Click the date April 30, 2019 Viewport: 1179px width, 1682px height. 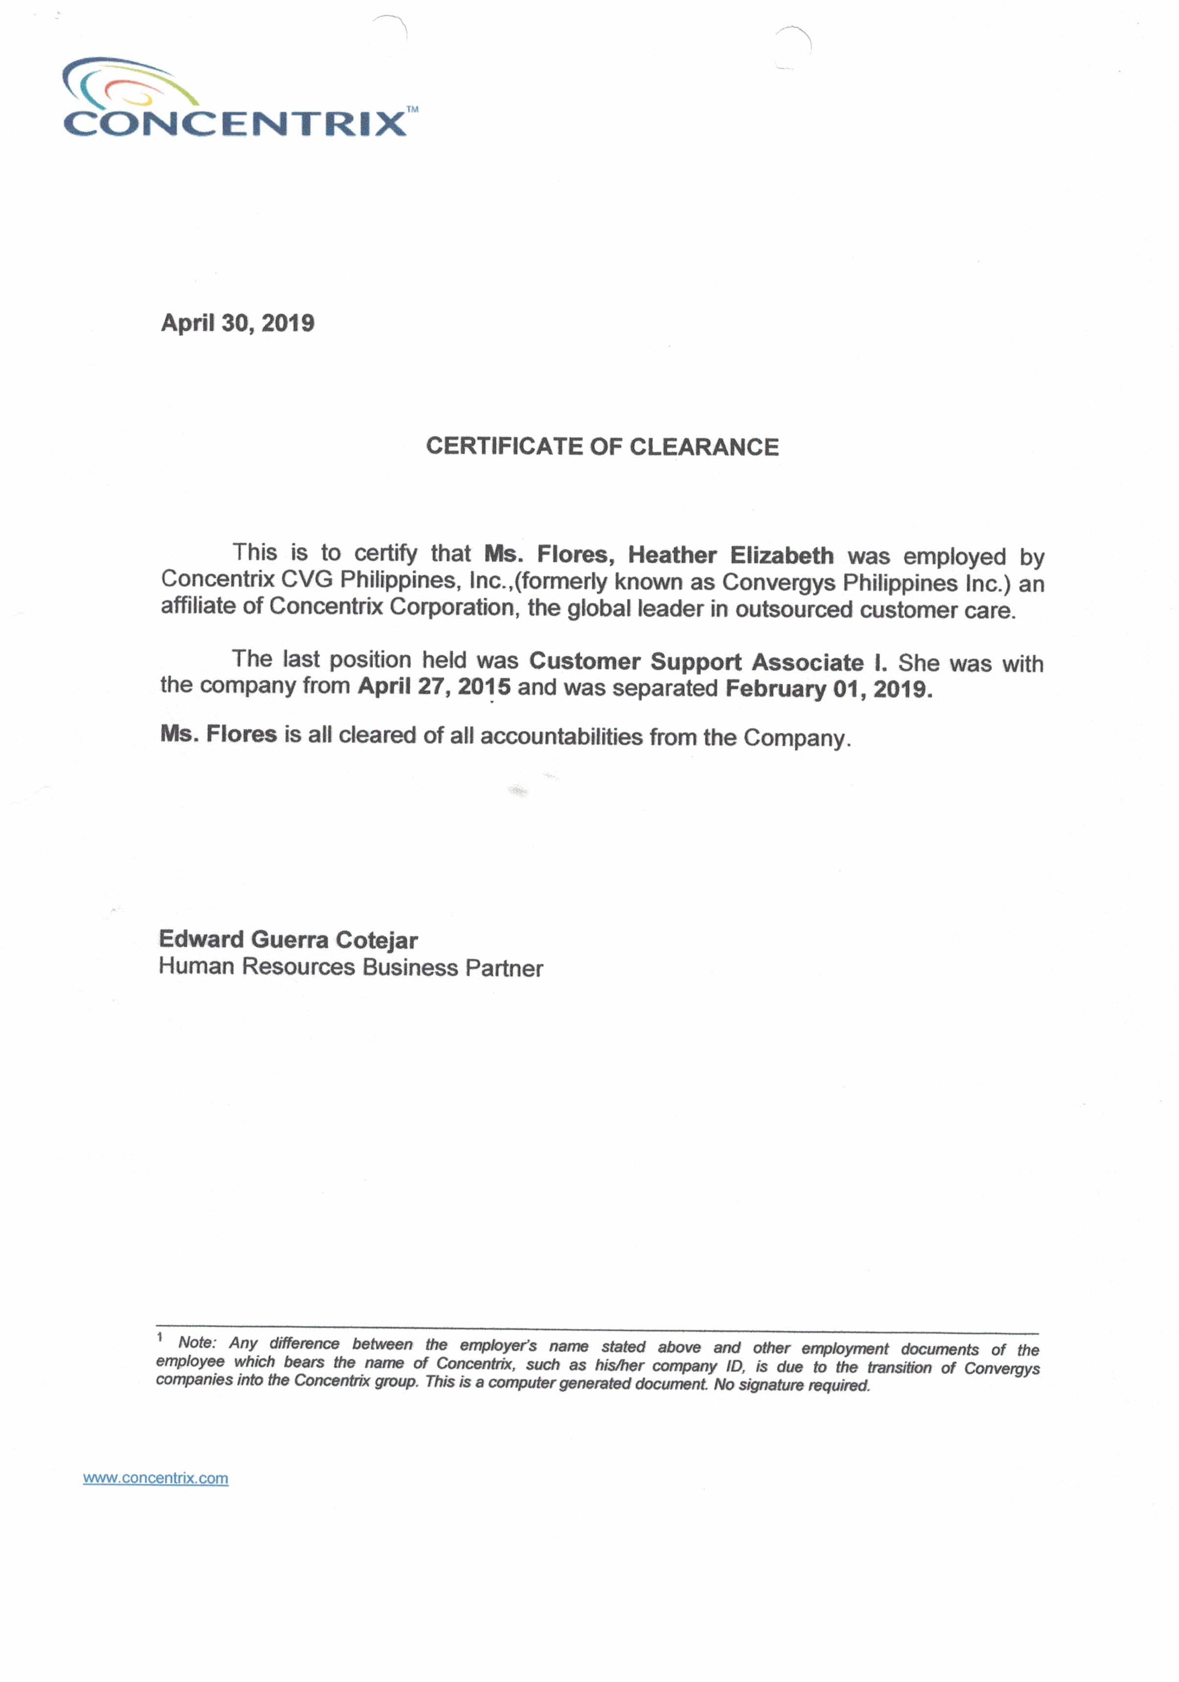click(237, 323)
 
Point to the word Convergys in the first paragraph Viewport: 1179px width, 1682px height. click(779, 582)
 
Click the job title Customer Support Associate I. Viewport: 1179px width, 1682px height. click(708, 662)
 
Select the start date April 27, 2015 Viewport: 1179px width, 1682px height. click(434, 687)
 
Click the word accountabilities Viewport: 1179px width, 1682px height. click(561, 736)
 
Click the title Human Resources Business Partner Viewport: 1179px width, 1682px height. click(350, 968)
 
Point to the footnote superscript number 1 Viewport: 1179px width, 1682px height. click(159, 1337)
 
